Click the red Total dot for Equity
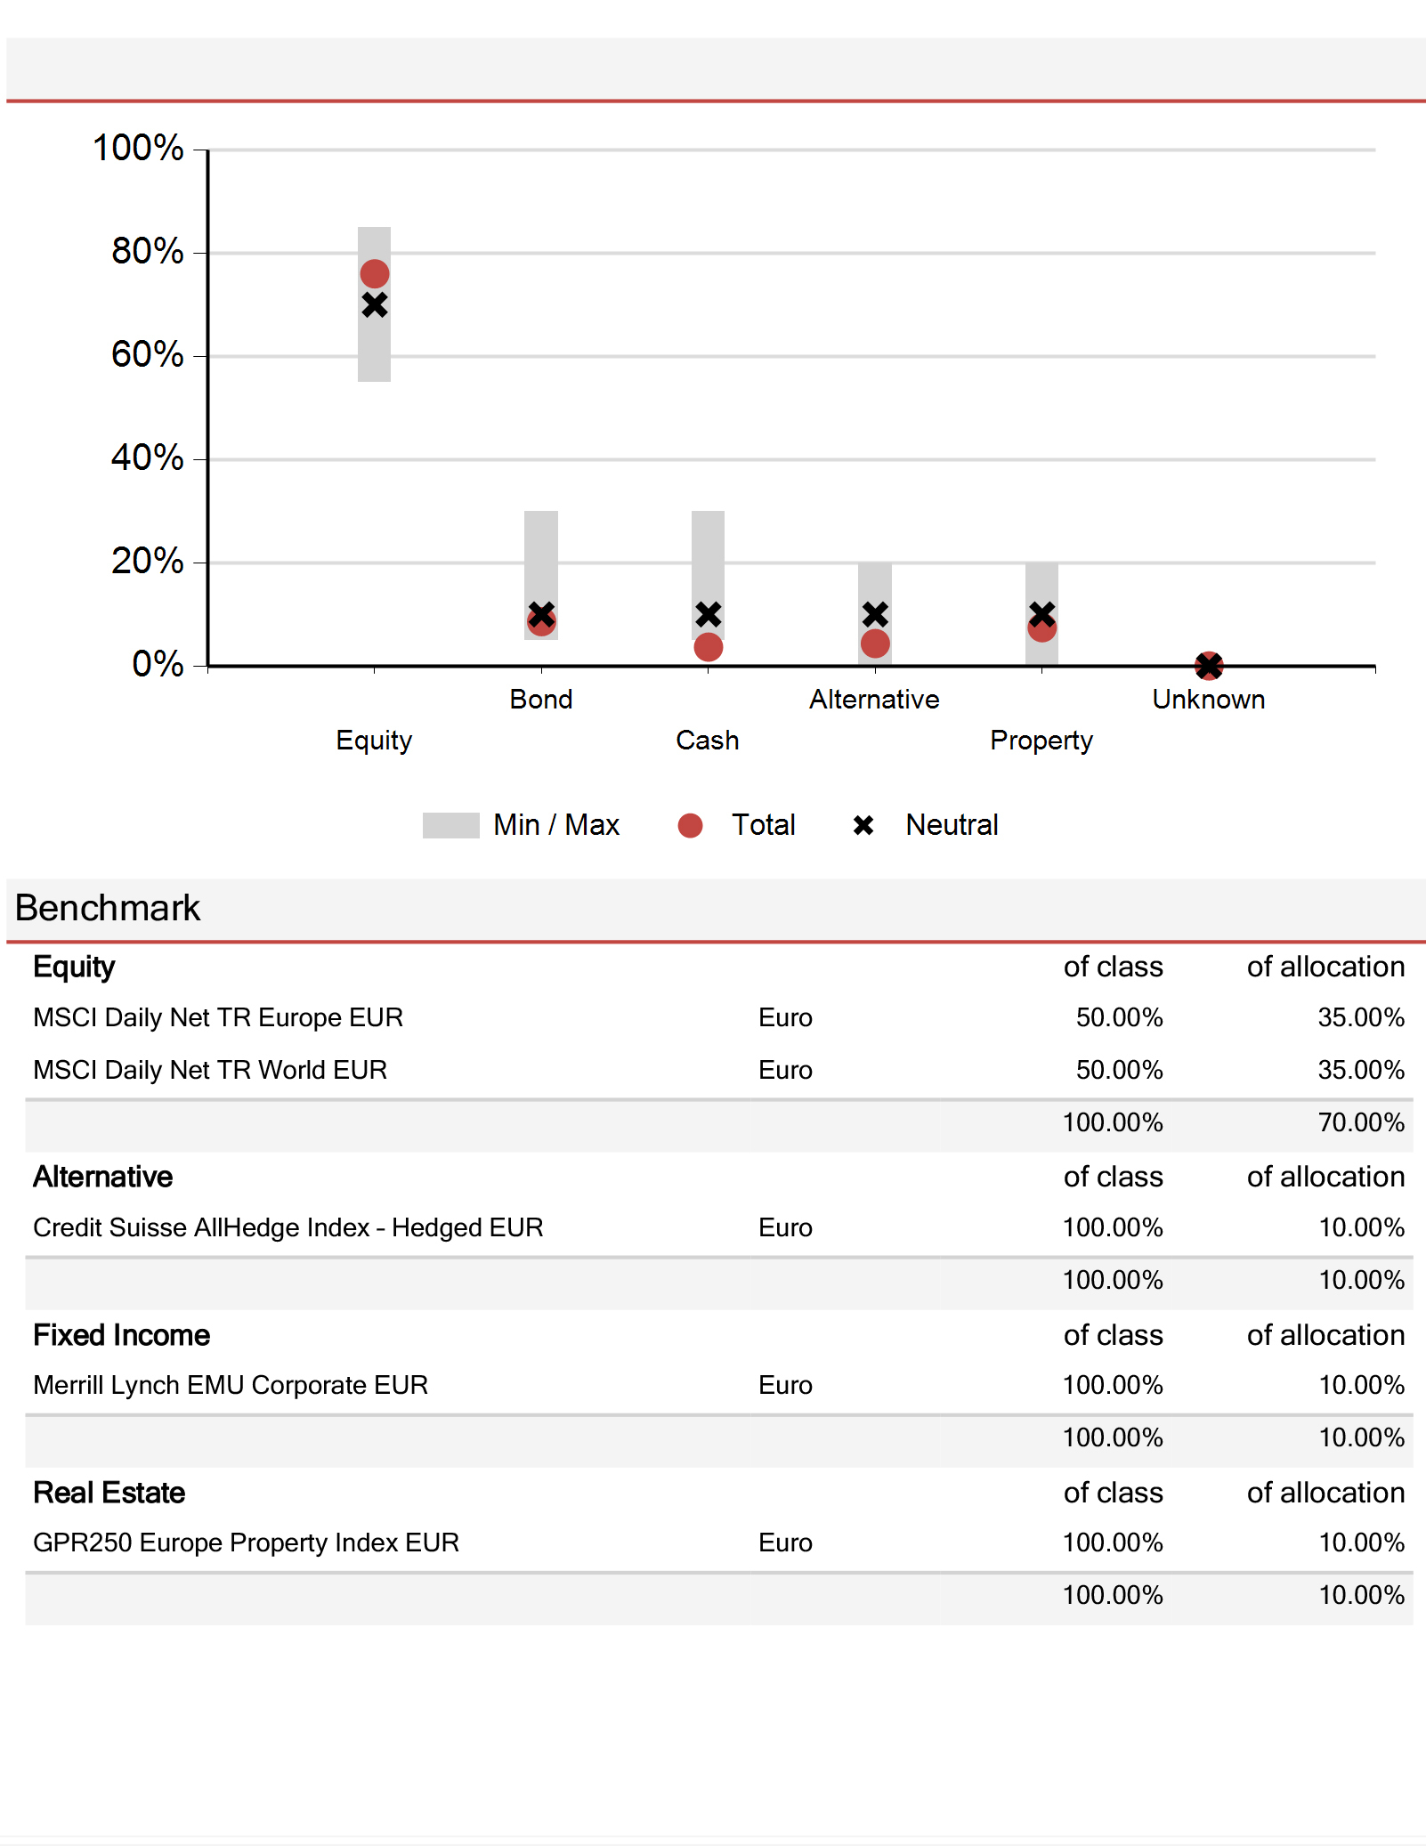click(x=374, y=273)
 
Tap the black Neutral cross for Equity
click(x=374, y=305)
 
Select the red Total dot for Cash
click(x=708, y=647)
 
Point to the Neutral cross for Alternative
click(x=875, y=614)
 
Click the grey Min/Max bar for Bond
click(x=541, y=575)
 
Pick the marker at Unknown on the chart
click(x=1209, y=665)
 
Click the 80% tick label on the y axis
click(x=148, y=252)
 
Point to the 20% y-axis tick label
click(x=148, y=562)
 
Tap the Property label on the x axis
click(x=1041, y=741)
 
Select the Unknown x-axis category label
click(x=1209, y=700)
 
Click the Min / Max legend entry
click(x=521, y=825)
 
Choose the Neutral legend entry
click(x=926, y=825)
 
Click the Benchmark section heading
click(x=108, y=908)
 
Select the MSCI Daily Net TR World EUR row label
click(x=210, y=1070)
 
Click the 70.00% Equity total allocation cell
click(x=1361, y=1122)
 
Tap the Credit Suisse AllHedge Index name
click(x=201, y=1227)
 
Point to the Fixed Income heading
click(x=122, y=1335)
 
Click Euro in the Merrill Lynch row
click(x=785, y=1385)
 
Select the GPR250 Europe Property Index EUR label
click(x=247, y=1542)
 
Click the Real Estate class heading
click(x=109, y=1493)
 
